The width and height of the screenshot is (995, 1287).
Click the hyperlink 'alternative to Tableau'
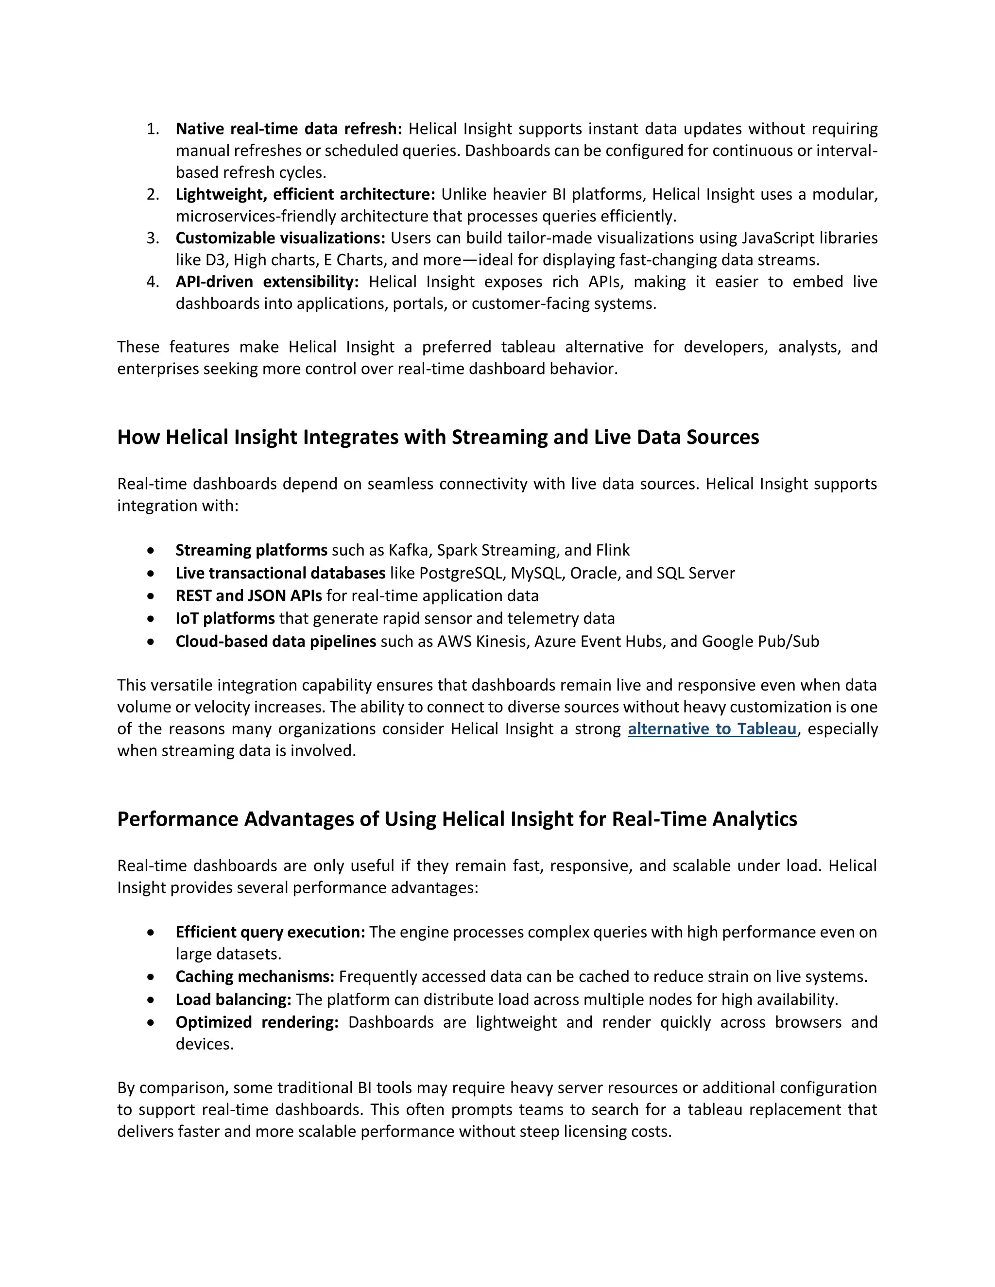pos(712,729)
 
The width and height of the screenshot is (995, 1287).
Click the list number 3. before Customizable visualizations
pos(153,238)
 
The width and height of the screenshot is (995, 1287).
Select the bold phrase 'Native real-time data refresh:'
pos(288,129)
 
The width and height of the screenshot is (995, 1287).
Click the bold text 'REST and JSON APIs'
pos(248,596)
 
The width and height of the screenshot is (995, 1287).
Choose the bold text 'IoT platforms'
pos(224,619)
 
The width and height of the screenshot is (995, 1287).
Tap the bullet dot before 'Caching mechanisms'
pos(152,977)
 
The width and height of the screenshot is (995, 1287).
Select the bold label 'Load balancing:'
pos(233,1000)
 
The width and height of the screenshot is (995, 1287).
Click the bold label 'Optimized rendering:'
pos(257,1022)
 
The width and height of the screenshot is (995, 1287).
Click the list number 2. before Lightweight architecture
pos(153,194)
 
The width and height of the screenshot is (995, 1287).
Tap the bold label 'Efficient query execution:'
pos(270,932)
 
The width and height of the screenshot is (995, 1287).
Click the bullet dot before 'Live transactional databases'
pos(152,574)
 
